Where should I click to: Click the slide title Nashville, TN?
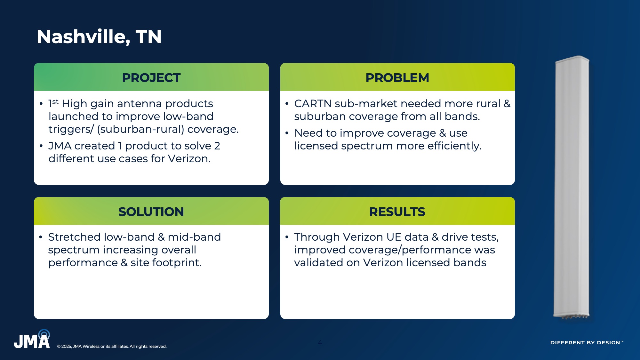pos(99,37)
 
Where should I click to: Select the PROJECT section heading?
pos(151,78)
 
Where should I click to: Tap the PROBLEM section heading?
pos(397,78)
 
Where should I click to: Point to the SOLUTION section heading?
pos(151,212)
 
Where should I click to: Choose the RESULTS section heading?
pos(397,212)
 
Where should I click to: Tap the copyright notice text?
pos(112,346)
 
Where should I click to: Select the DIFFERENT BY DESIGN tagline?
pos(587,342)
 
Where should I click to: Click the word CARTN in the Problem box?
pos(313,104)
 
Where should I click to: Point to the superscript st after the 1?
pos(55,101)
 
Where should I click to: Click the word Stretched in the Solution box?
pos(74,237)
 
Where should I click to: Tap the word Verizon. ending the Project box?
pos(189,159)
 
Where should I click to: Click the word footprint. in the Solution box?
pos(177,263)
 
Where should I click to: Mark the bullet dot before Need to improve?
pos(287,133)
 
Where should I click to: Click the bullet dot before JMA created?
pos(41,146)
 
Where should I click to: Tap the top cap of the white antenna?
pos(572,59)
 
